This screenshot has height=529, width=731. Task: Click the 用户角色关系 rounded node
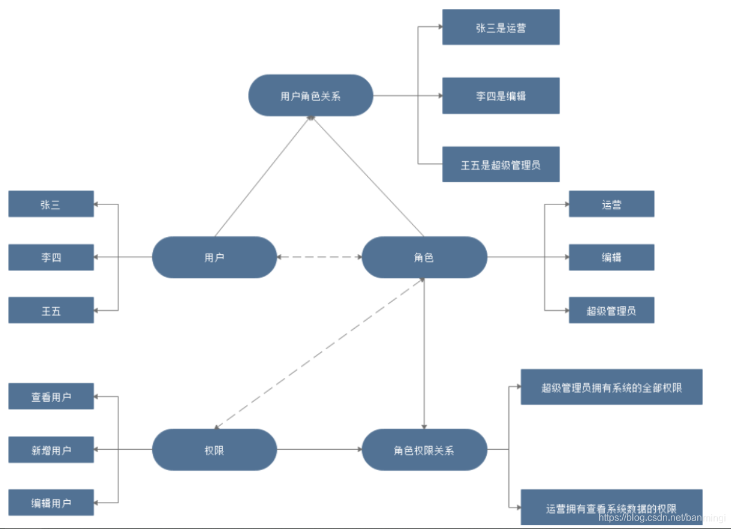click(x=310, y=96)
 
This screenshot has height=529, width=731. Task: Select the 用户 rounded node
click(x=214, y=257)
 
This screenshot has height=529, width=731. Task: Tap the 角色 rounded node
click(x=424, y=257)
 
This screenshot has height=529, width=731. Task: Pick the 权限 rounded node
click(x=214, y=450)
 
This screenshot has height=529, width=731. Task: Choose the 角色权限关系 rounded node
click(x=424, y=450)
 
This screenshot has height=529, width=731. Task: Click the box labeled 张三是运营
click(x=501, y=27)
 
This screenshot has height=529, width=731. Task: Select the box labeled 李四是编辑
click(x=501, y=96)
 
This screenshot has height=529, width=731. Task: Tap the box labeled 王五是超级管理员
click(x=501, y=164)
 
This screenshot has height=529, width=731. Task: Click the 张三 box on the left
click(x=51, y=204)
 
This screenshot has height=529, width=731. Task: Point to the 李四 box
click(x=51, y=257)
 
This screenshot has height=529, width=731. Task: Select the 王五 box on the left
click(x=51, y=310)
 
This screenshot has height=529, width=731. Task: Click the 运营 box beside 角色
click(x=611, y=204)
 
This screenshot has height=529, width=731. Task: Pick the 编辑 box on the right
click(x=611, y=257)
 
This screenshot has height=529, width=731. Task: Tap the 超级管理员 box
click(x=611, y=310)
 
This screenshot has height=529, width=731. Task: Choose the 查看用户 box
click(x=51, y=397)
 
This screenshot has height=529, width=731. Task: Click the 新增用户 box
click(x=51, y=450)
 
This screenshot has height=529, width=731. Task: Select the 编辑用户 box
click(x=51, y=503)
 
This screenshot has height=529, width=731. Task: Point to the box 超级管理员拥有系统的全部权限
click(x=611, y=387)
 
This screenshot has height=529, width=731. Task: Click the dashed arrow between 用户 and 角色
click(x=319, y=257)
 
